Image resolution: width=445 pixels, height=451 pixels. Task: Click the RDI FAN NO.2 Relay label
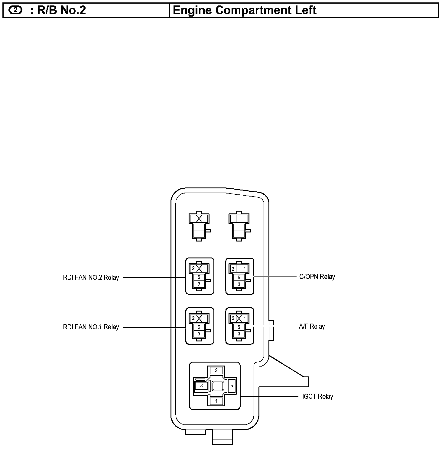click(91, 277)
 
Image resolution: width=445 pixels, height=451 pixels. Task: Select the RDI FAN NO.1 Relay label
click(91, 327)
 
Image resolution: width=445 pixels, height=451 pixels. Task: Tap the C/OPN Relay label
click(317, 277)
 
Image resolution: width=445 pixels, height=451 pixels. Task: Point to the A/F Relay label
click(312, 326)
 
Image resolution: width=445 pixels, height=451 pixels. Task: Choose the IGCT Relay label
click(318, 396)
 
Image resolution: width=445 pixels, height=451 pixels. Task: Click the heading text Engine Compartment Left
click(245, 10)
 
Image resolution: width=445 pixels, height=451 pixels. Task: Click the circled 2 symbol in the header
click(15, 10)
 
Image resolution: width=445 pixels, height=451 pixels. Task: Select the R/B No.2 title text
click(62, 10)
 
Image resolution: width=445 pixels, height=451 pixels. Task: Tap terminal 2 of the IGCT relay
click(216, 370)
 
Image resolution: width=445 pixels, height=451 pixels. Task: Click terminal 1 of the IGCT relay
click(216, 401)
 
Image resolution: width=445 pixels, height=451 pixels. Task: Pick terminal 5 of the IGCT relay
click(232, 385)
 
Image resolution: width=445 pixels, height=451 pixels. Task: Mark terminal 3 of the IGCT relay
click(201, 385)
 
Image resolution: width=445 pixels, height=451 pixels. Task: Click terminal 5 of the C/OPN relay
click(239, 277)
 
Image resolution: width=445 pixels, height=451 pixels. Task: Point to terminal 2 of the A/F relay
click(233, 318)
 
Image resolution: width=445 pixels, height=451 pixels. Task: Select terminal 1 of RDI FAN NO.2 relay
click(205, 268)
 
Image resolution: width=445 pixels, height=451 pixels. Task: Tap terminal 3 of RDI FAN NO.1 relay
click(199, 334)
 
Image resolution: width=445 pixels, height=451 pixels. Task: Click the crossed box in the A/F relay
click(239, 318)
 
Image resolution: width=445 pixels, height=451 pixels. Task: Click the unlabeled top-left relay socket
click(199, 226)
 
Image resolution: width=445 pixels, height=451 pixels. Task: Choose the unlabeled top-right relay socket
click(239, 226)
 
